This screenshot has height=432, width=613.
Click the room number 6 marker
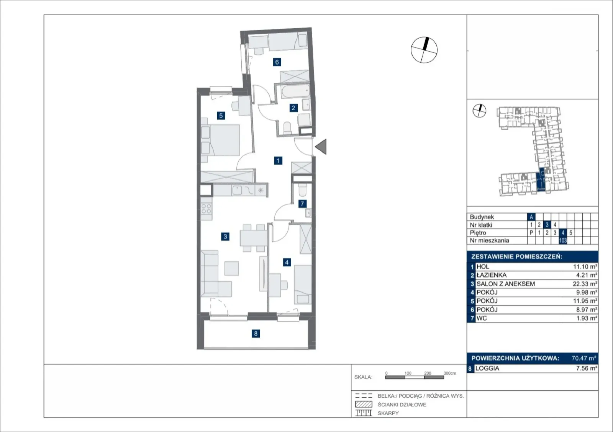[x=277, y=62]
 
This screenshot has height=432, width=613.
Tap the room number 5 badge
[x=221, y=116]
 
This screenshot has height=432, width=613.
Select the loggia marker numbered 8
[x=256, y=333]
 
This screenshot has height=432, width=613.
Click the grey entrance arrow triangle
[x=321, y=147]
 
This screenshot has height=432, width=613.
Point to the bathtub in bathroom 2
[x=295, y=91]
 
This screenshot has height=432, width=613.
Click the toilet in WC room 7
[x=302, y=190]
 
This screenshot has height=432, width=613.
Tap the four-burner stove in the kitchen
[x=206, y=209]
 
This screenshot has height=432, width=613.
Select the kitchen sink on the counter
[x=237, y=190]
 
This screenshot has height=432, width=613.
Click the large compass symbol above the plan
[x=424, y=50]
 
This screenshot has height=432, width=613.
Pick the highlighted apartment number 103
[x=563, y=240]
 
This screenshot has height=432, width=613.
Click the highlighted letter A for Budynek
[x=531, y=217]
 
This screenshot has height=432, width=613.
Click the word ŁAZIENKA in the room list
[x=492, y=275]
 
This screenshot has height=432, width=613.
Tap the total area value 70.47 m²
[x=584, y=358]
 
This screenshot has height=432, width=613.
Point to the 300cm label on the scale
[x=450, y=373]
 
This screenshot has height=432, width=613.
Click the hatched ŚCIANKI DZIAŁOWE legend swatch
[x=364, y=404]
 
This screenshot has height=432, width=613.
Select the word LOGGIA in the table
[x=487, y=368]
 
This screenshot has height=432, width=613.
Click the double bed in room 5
[x=220, y=140]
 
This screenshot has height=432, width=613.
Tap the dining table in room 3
[x=254, y=238]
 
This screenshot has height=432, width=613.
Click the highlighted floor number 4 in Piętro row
[x=563, y=233]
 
